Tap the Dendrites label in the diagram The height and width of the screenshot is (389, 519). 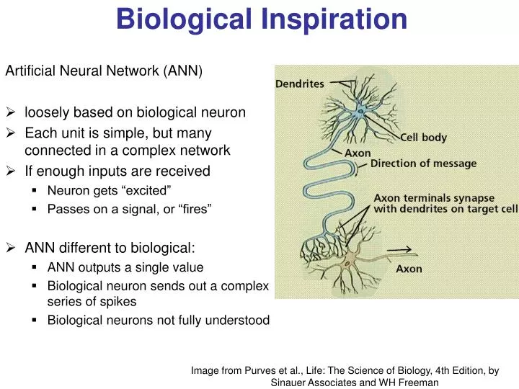(x=300, y=84)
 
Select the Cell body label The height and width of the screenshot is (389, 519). (x=424, y=138)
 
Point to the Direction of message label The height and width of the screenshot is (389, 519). (x=423, y=164)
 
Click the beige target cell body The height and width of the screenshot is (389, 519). (x=351, y=262)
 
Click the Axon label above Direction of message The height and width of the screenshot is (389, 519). (x=358, y=153)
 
